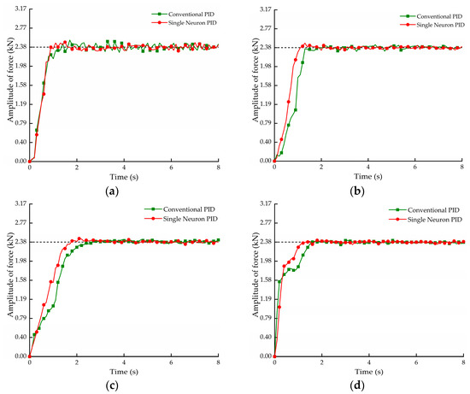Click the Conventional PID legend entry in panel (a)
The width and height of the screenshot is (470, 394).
(x=183, y=14)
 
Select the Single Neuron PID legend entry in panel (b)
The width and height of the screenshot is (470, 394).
(x=432, y=25)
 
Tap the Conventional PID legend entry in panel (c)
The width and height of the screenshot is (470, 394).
(x=179, y=209)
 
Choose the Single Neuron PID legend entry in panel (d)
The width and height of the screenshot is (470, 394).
(x=426, y=220)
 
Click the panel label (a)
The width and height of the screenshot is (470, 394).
(x=112, y=191)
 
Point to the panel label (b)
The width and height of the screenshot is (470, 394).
(x=357, y=191)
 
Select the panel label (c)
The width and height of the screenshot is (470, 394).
(x=112, y=385)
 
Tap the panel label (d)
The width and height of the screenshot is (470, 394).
(x=357, y=385)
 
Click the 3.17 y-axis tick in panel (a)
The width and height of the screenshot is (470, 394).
(x=21, y=9)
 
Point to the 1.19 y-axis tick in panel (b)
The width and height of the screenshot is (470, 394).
(x=266, y=104)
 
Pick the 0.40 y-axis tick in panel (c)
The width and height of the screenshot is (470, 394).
(x=21, y=337)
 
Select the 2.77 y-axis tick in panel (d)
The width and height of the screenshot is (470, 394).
(x=266, y=223)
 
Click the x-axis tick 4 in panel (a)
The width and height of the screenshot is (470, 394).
(x=124, y=168)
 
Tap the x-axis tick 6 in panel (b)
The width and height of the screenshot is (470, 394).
(x=415, y=167)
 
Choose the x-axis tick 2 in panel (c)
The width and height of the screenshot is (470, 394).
(x=77, y=362)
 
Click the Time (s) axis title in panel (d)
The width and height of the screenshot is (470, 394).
(x=369, y=372)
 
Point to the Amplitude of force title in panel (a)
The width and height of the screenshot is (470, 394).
(x=11, y=79)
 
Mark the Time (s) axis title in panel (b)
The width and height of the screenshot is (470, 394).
(x=368, y=176)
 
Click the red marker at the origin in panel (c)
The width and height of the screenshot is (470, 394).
(x=29, y=356)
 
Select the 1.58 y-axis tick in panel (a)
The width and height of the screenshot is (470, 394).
(x=21, y=85)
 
